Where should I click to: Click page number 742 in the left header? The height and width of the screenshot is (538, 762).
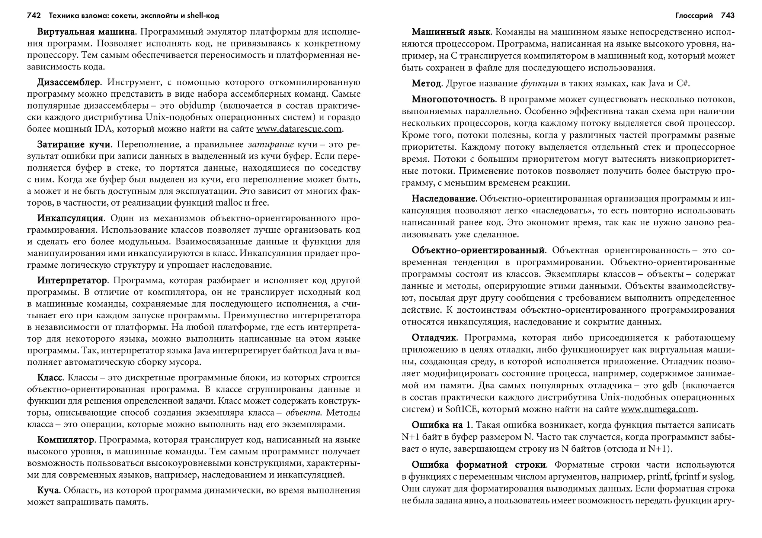pyautogui.click(x=34, y=16)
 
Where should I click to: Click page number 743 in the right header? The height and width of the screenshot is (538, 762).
pyautogui.click(x=727, y=16)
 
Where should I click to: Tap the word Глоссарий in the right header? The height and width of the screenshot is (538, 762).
pyautogui.click(x=694, y=16)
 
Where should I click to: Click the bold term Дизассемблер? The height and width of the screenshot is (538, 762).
pyautogui.click(x=68, y=82)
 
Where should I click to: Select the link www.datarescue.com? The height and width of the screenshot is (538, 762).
pyautogui.click(x=299, y=129)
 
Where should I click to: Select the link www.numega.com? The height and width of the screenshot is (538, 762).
pyautogui.click(x=658, y=409)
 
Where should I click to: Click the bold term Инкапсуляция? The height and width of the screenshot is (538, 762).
pyautogui.click(x=70, y=218)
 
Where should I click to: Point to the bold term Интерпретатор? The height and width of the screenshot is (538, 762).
pyautogui.click(x=72, y=280)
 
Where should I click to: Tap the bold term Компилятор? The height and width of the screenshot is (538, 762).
pyautogui.click(x=65, y=440)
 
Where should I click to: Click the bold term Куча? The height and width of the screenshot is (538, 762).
pyautogui.click(x=48, y=490)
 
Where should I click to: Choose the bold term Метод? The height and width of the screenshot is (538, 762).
pyautogui.click(x=426, y=84)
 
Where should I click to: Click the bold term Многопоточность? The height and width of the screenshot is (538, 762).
pyautogui.click(x=454, y=99)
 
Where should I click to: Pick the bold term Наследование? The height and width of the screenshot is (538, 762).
pyautogui.click(x=444, y=199)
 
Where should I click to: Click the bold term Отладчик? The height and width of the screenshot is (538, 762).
pyautogui.click(x=434, y=338)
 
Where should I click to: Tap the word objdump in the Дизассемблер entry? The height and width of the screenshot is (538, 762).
pyautogui.click(x=197, y=106)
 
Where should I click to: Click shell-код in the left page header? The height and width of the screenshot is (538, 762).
pyautogui.click(x=203, y=16)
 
